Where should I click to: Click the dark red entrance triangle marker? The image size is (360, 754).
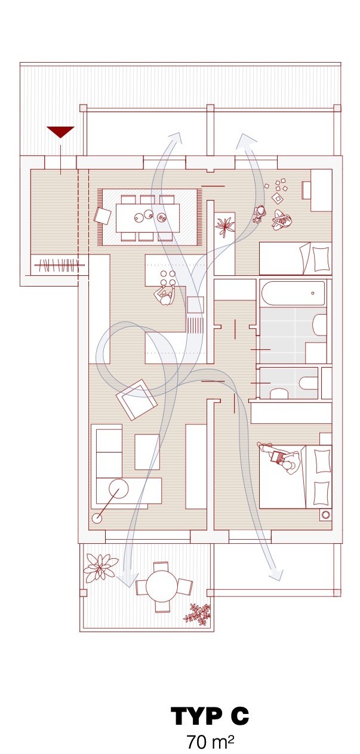pos(60,131)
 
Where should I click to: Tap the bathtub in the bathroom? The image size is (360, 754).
pos(293,293)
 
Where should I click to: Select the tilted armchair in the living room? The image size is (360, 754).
pos(136,399)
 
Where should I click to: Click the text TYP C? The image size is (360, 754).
pos(210,716)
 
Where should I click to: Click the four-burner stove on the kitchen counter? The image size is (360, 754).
pos(168,278)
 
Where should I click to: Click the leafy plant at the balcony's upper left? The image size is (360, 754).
pos(100,568)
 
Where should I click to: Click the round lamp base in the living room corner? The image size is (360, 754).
pos(97,518)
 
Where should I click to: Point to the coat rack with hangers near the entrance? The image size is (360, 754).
pos(57,265)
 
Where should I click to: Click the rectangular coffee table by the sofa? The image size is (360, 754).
pos(147,452)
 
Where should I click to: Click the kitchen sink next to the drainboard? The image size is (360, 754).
pos(195,305)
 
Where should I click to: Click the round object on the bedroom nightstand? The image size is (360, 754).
pos(325,515)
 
